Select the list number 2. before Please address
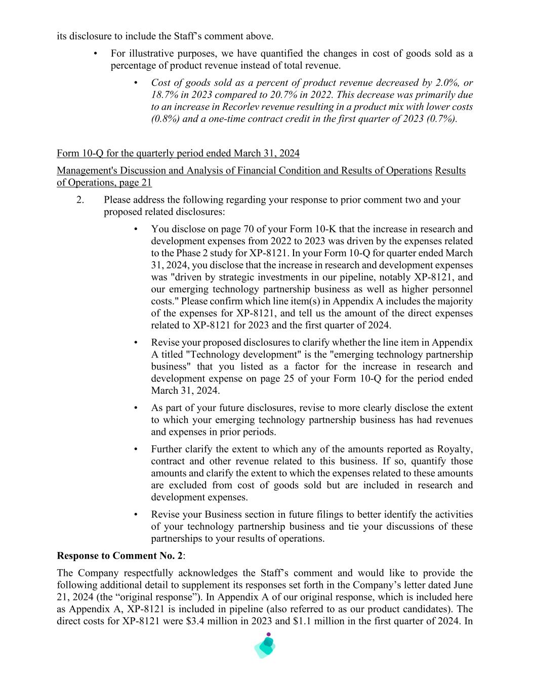[80, 200]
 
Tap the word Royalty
[455, 449]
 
